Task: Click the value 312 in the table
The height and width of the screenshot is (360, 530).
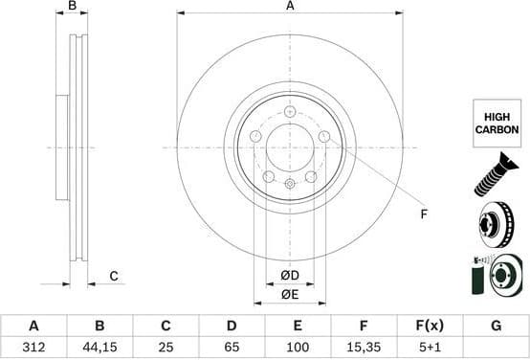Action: point(34,347)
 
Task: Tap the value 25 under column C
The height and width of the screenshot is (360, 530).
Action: point(166,347)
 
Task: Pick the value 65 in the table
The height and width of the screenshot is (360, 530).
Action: point(232,347)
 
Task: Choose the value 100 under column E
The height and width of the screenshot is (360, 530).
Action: point(298,347)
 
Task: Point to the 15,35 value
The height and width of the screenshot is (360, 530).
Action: point(364,347)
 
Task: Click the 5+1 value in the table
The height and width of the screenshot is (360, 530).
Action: point(430,347)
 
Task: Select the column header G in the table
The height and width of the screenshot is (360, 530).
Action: point(496,326)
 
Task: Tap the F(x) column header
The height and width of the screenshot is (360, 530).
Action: point(430,326)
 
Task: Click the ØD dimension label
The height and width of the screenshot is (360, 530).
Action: point(290,277)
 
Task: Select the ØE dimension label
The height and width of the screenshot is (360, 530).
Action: point(290,294)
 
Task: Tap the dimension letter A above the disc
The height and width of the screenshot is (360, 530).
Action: point(290,8)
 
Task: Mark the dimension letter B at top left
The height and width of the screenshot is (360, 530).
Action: point(72,8)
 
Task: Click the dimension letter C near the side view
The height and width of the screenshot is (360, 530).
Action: point(113,277)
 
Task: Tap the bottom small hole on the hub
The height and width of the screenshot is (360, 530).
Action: point(290,182)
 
